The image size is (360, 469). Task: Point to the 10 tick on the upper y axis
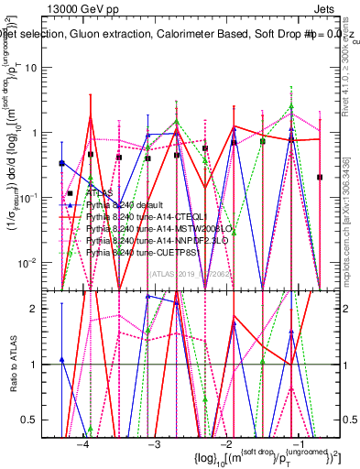[x=38, y=68]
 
